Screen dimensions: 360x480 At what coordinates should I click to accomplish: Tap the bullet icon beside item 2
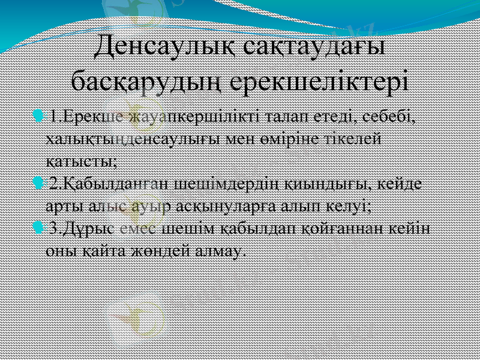40,181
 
